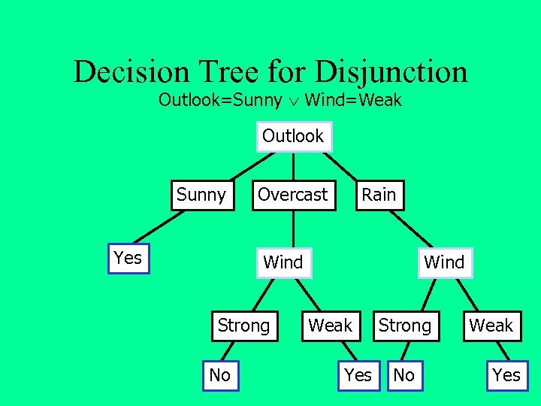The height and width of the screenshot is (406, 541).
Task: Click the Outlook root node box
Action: (x=293, y=137)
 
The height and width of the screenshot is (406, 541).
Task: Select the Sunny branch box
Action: (x=201, y=195)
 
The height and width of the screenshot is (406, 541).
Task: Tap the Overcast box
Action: (x=292, y=195)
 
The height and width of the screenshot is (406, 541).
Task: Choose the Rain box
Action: (x=378, y=195)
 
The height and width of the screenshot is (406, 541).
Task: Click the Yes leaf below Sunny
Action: (x=128, y=259)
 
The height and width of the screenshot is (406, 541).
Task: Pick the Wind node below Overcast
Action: (x=283, y=262)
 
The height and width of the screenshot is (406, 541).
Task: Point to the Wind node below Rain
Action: (x=444, y=262)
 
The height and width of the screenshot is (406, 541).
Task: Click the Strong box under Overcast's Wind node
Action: (x=243, y=326)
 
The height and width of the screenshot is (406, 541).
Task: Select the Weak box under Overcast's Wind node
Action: (x=331, y=326)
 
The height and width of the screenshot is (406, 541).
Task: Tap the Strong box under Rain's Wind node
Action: (x=404, y=326)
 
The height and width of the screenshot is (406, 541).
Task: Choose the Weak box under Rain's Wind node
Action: (x=491, y=326)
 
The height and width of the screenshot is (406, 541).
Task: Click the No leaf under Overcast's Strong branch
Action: (x=219, y=375)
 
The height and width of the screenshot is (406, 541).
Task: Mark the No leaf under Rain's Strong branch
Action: (x=404, y=375)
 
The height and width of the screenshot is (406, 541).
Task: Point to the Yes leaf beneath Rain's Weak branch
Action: (x=506, y=375)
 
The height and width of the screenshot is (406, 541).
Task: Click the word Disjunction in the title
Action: (x=391, y=72)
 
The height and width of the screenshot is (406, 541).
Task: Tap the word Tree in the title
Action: (x=222, y=72)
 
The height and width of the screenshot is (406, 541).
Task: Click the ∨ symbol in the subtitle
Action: (x=294, y=101)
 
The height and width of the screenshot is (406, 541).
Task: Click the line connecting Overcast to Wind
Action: (x=293, y=229)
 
